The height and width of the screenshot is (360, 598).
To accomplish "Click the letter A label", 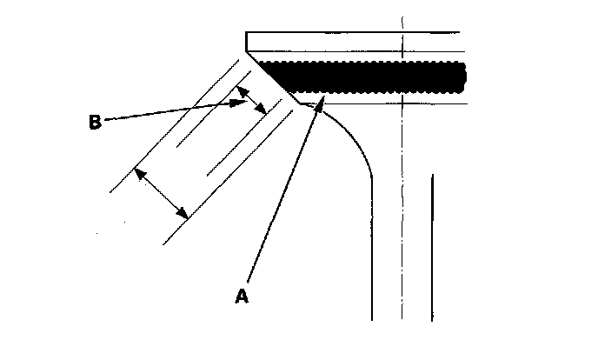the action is pos(243,296).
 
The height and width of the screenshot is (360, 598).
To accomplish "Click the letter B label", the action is pos(95,122).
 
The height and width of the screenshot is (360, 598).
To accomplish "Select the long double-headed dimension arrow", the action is pos(162,193).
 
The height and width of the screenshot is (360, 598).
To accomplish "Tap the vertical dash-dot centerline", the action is pos(402,217).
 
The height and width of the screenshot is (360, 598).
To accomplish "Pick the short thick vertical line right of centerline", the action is pos(431,243).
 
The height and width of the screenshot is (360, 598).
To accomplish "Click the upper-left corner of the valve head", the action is pos(247,33).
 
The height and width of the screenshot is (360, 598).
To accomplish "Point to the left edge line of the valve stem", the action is pos(373,252).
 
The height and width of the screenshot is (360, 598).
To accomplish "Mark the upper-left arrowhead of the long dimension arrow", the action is pos(138,171).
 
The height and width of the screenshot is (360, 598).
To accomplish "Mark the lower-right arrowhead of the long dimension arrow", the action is pos(184,215).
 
